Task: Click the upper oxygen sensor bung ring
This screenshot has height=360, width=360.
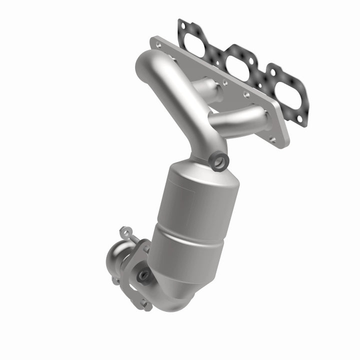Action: [x=218, y=161]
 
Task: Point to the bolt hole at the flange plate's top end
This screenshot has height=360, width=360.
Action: [x=159, y=45]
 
